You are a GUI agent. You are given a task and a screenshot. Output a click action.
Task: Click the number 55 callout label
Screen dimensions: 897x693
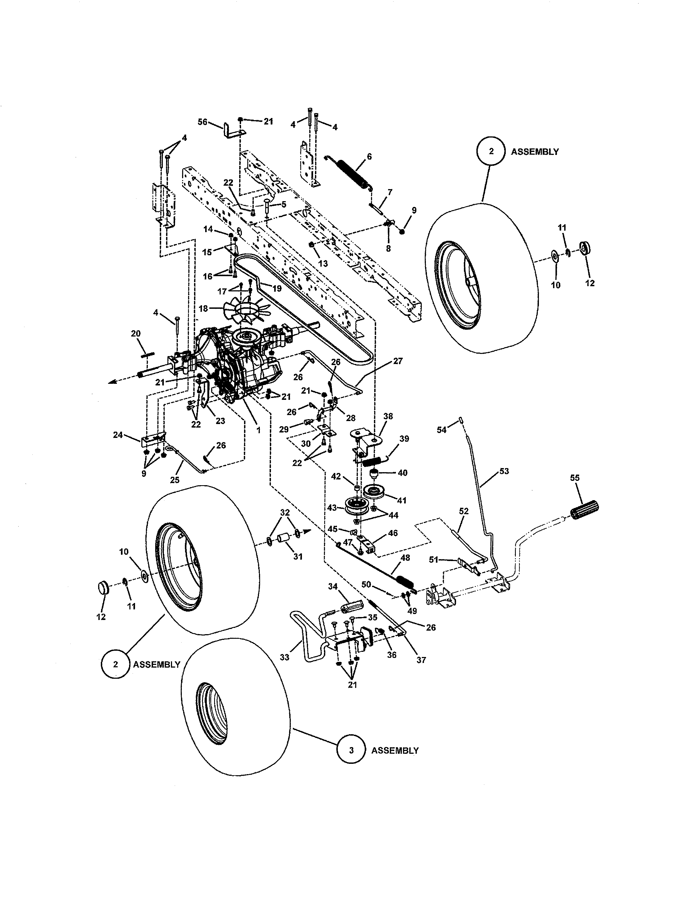575,478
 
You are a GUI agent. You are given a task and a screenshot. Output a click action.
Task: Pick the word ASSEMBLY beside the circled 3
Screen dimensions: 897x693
395,750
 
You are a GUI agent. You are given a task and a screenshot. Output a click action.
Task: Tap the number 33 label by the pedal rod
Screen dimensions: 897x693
284,657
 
